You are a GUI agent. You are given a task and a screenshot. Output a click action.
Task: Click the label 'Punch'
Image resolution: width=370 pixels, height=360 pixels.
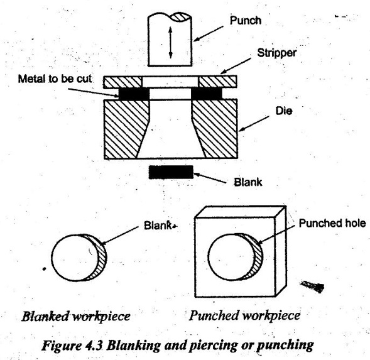[x=246, y=20]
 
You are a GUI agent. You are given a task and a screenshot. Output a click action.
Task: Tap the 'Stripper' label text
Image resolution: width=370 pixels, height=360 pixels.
[x=276, y=53]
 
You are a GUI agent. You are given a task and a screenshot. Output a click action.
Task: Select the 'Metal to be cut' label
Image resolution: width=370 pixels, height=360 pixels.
[x=55, y=79]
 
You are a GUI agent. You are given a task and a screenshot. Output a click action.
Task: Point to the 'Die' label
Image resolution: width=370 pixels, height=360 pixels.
[x=284, y=111]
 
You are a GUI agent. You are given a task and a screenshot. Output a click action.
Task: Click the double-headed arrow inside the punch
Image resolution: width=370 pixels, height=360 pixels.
[x=171, y=43]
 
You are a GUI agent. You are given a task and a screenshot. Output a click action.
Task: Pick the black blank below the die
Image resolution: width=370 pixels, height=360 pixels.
[x=171, y=172]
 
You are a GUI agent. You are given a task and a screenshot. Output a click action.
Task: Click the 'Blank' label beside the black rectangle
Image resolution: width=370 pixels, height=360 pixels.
[x=248, y=182]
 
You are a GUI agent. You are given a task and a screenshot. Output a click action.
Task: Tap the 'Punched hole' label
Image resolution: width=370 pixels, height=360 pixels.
[x=332, y=223]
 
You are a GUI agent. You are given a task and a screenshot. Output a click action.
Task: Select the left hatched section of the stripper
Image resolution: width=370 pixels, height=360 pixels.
[x=122, y=82]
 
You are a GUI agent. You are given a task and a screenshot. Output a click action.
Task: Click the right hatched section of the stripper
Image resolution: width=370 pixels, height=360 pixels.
[x=217, y=82]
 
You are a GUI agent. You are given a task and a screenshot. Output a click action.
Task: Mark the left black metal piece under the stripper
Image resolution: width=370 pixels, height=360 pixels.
[x=134, y=94]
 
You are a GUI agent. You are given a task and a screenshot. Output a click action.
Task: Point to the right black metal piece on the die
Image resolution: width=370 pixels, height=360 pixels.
[x=207, y=94]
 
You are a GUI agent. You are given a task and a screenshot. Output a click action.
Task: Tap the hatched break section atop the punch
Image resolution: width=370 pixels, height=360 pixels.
[x=180, y=17]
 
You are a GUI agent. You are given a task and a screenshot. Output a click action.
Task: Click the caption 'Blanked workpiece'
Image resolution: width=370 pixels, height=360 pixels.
[x=76, y=316]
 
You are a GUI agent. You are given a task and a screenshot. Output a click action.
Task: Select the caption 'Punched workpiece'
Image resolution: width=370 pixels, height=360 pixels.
[x=245, y=315]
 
